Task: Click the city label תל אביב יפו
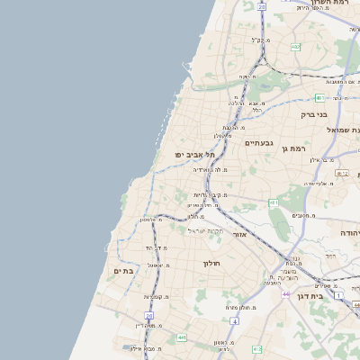(194, 154)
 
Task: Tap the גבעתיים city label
(258, 142)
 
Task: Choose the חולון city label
(211, 263)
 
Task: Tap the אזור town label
(240, 234)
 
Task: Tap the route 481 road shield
(319, 98)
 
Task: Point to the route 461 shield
(274, 203)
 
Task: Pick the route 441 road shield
(182, 337)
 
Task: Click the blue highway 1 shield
(338, 295)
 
